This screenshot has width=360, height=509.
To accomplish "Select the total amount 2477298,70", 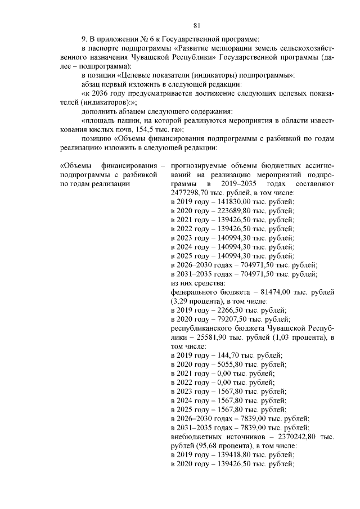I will (x=190, y=192).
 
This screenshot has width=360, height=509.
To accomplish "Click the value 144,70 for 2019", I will (x=226, y=355).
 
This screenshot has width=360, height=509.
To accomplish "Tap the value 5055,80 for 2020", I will (x=229, y=364).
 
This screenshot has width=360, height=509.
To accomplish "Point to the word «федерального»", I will (x=194, y=292).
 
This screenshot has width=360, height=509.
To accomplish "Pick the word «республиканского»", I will (x=203, y=328).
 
